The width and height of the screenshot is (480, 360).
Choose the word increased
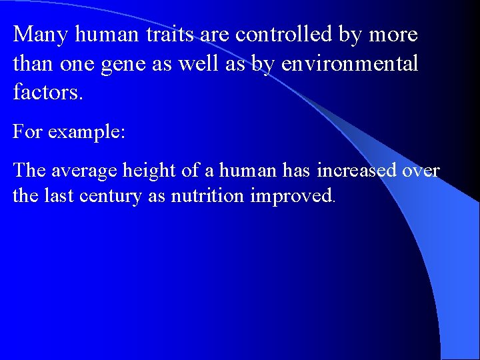click(x=357, y=171)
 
